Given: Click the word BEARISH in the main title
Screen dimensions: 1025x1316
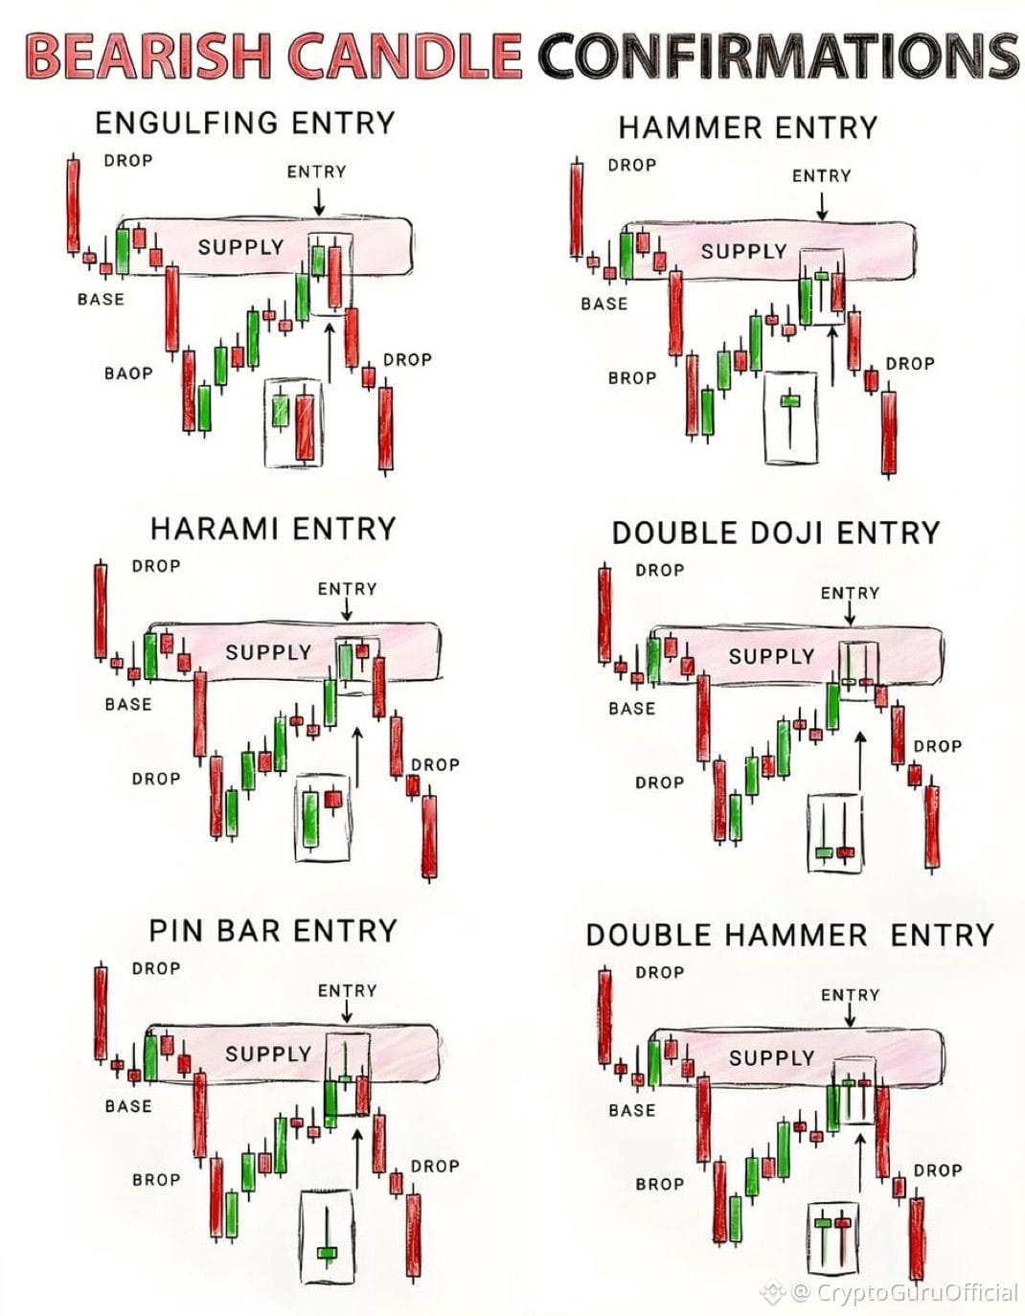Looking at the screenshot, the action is pyautogui.click(x=148, y=56).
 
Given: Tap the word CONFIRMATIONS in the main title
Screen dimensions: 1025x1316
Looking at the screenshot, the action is pyautogui.click(x=778, y=56).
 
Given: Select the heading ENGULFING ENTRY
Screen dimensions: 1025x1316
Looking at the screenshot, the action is pyautogui.click(x=245, y=123).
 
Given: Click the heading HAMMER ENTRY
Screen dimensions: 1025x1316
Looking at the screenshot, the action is pyautogui.click(x=748, y=127).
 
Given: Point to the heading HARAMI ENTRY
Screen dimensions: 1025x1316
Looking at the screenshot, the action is pyautogui.click(x=273, y=529).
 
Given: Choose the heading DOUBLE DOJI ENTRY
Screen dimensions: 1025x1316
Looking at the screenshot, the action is pyautogui.click(x=776, y=533).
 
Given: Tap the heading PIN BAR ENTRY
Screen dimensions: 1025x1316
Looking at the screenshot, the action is pyautogui.click(x=273, y=931).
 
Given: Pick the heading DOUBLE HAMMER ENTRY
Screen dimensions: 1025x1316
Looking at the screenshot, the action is pyautogui.click(x=790, y=936).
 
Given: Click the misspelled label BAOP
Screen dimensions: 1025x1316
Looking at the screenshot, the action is pyautogui.click(x=128, y=374).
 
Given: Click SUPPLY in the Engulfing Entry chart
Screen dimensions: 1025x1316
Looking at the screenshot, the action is pyautogui.click(x=241, y=247).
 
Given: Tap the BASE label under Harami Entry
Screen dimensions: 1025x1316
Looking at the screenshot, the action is pyautogui.click(x=128, y=704).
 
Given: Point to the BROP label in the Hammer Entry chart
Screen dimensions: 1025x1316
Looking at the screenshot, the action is pyautogui.click(x=632, y=378).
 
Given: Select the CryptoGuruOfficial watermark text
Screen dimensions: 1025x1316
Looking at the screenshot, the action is pyautogui.click(x=918, y=1292).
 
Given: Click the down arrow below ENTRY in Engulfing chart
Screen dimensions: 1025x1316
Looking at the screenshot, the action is pyautogui.click(x=319, y=202).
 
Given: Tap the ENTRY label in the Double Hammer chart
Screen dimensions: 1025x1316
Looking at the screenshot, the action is pyautogui.click(x=850, y=995).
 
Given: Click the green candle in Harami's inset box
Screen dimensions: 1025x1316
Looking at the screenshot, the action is pyautogui.click(x=310, y=819).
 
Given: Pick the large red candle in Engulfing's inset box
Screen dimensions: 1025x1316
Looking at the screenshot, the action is pyautogui.click(x=306, y=427).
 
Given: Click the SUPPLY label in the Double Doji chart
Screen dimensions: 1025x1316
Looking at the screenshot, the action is pyautogui.click(x=771, y=656).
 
